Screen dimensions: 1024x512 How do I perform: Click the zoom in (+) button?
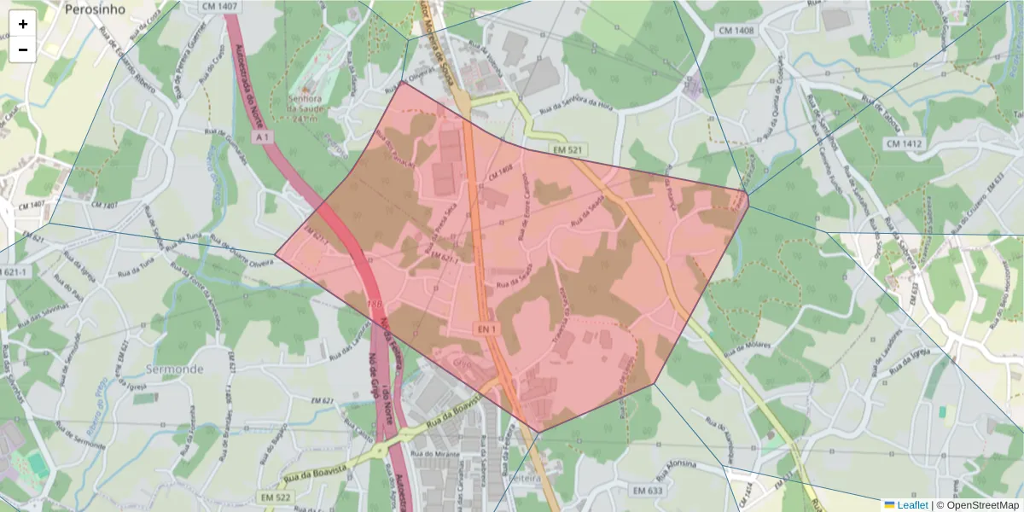(23, 24)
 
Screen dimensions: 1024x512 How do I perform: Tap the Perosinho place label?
(95, 9)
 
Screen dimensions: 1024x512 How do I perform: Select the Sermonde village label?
(174, 369)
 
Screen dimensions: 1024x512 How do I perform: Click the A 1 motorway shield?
(263, 136)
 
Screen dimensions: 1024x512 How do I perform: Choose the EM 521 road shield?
(568, 150)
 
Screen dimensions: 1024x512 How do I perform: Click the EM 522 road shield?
(276, 497)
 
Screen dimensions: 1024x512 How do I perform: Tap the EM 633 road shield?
(649, 491)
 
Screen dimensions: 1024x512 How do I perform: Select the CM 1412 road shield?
(904, 144)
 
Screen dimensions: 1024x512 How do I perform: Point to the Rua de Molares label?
(749, 346)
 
